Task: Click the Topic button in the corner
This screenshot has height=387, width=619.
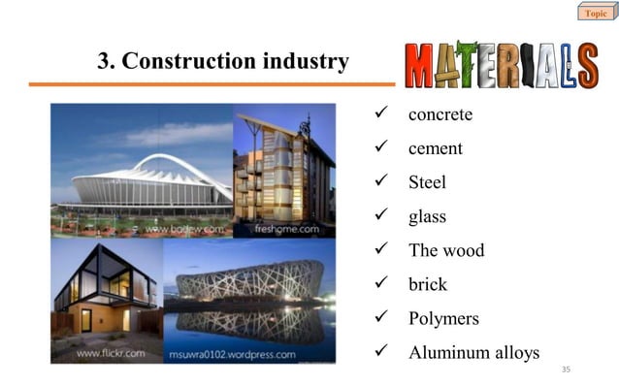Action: pyautogui.click(x=594, y=13)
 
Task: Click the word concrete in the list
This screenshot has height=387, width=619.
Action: pyautogui.click(x=440, y=115)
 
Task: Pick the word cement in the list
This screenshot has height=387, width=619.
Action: pyautogui.click(x=435, y=148)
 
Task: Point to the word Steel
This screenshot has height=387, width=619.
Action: pyautogui.click(x=427, y=182)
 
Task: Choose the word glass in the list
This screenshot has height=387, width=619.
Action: pyautogui.click(x=427, y=217)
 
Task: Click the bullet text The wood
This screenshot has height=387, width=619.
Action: pyautogui.click(x=445, y=250)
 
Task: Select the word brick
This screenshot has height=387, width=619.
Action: pyautogui.click(x=428, y=284)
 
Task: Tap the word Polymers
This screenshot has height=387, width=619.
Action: pyautogui.click(x=443, y=318)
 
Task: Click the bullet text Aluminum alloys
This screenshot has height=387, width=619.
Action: pyautogui.click(x=472, y=352)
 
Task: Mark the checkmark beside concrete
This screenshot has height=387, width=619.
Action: pyautogui.click(x=380, y=115)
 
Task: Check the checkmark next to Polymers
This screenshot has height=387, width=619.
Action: pyautogui.click(x=380, y=318)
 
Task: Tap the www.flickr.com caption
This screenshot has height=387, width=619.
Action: pyautogui.click(x=113, y=354)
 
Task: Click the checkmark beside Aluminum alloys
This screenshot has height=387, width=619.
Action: pyautogui.click(x=380, y=352)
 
